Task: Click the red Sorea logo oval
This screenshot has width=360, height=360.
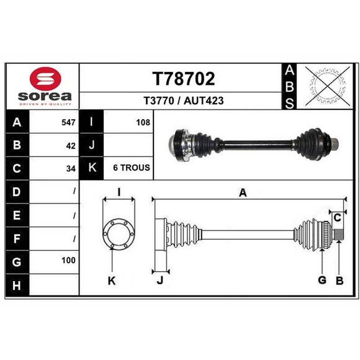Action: click(x=45, y=79)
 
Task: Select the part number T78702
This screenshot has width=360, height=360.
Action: click(x=184, y=79)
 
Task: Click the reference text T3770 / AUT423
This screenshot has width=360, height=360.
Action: click(x=184, y=101)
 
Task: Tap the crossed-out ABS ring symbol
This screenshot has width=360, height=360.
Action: click(x=328, y=86)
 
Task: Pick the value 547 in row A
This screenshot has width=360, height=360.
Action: click(x=68, y=122)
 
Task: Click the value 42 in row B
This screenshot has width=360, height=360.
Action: click(x=71, y=146)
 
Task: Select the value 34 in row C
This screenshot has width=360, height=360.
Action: click(x=71, y=169)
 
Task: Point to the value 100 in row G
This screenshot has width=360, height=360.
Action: click(x=68, y=261)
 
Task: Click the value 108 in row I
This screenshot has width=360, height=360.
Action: click(x=143, y=122)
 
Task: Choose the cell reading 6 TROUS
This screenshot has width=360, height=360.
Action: click(x=131, y=168)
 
